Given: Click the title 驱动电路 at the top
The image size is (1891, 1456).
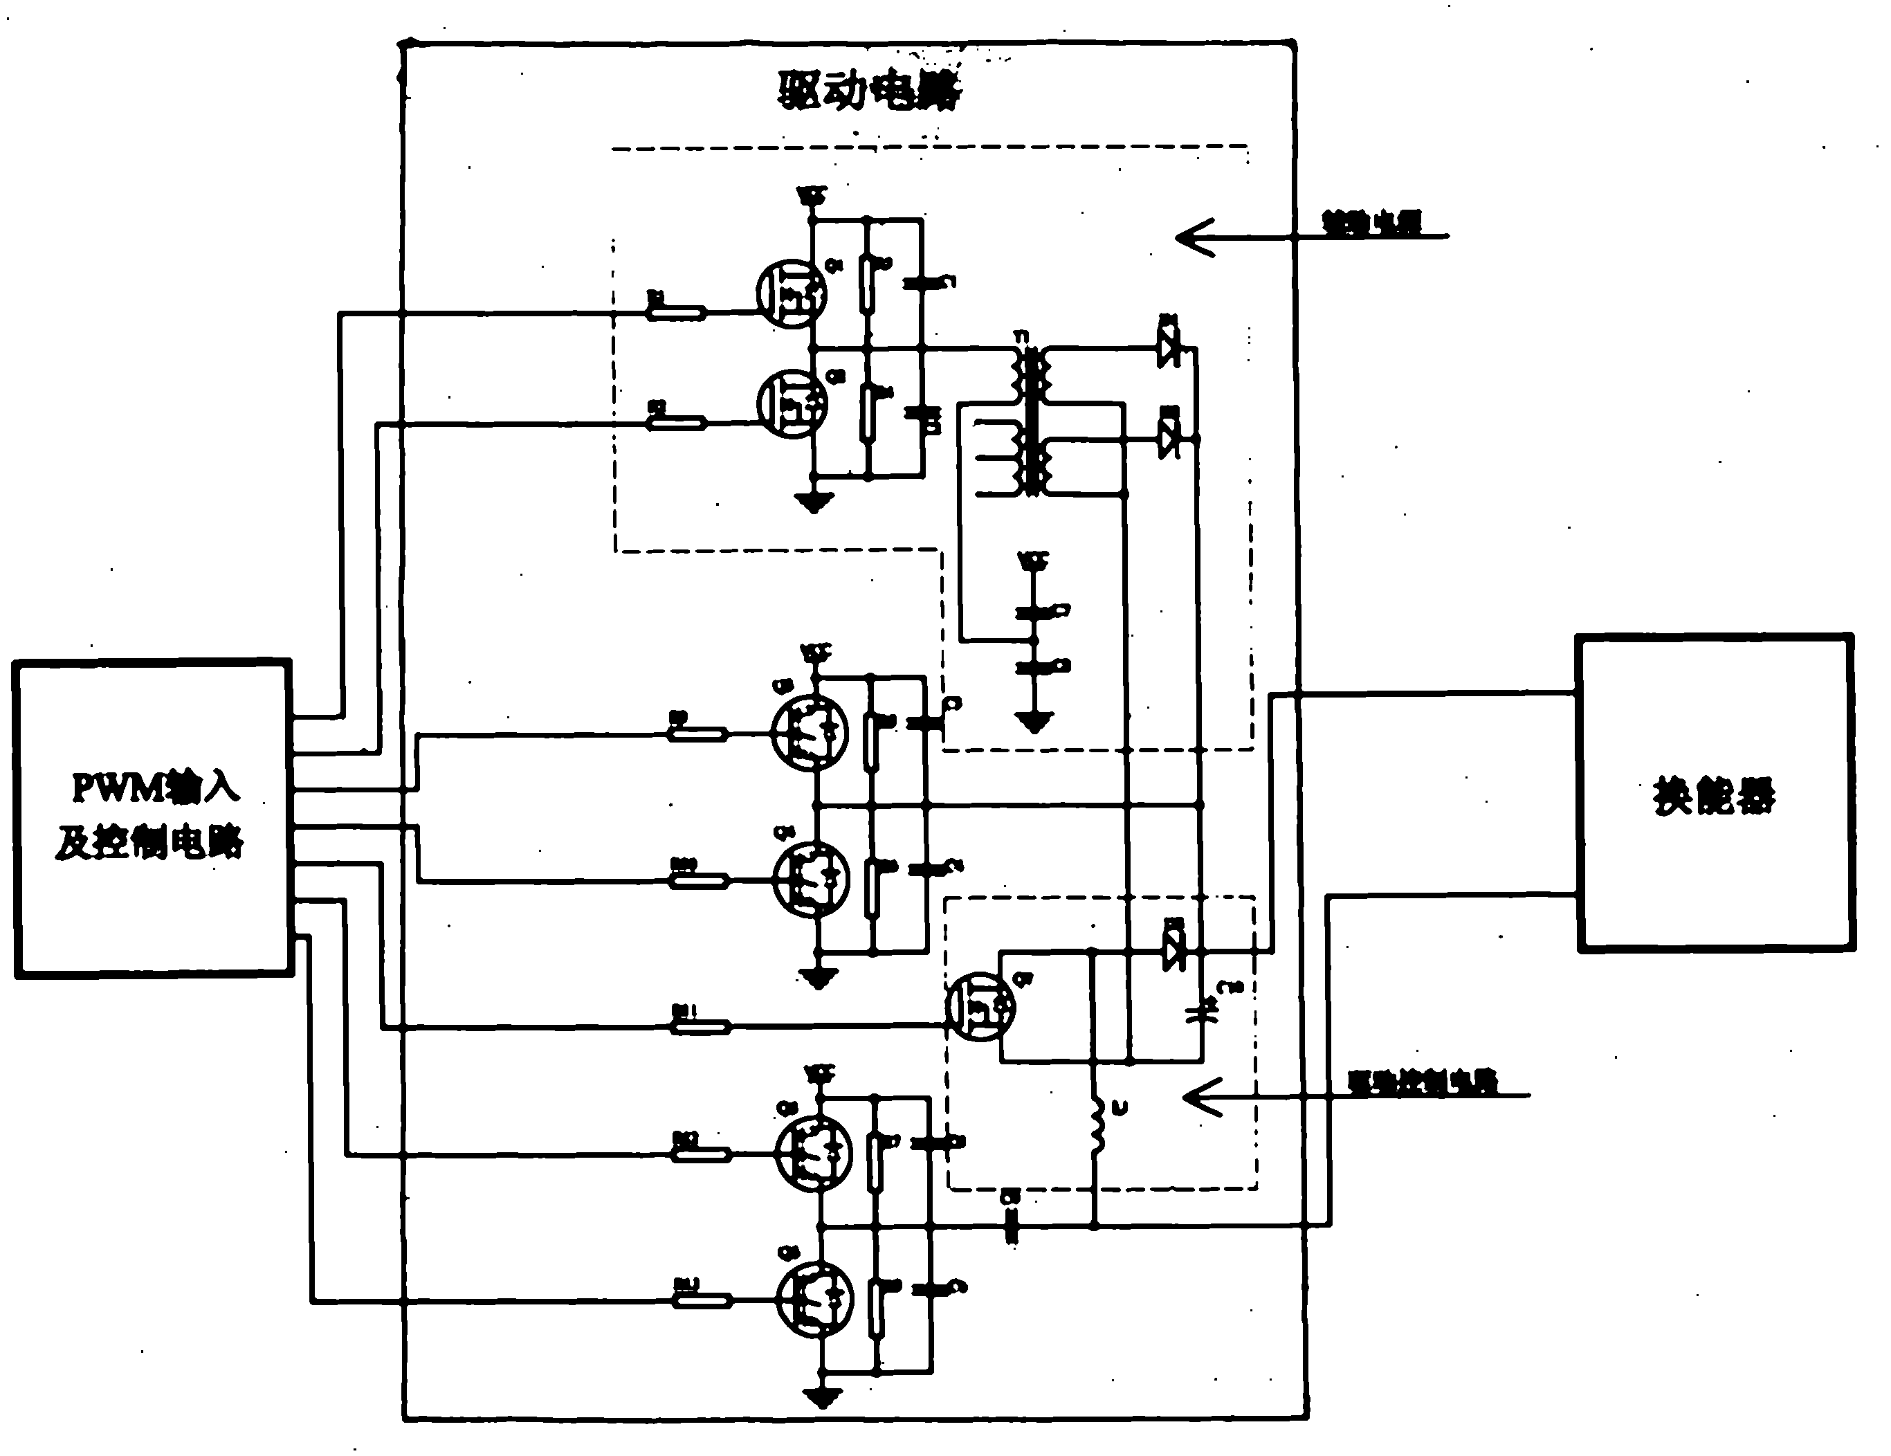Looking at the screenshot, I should coord(868,90).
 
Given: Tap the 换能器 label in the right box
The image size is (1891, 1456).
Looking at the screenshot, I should coord(1713,795).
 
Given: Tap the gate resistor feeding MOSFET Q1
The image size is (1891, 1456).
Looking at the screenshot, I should coord(676,312).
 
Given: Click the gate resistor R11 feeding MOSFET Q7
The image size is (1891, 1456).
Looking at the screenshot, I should coord(700,1027).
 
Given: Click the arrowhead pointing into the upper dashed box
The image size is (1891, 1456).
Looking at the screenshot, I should coord(1195,237).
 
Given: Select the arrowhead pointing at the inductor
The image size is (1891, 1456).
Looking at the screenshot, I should coord(1203,1098).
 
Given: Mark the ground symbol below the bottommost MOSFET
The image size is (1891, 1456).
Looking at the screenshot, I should coord(822,1396).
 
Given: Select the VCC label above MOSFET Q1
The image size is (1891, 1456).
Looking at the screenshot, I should coord(812,195).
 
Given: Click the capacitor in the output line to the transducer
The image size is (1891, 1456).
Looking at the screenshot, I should coord(1010,1226).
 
